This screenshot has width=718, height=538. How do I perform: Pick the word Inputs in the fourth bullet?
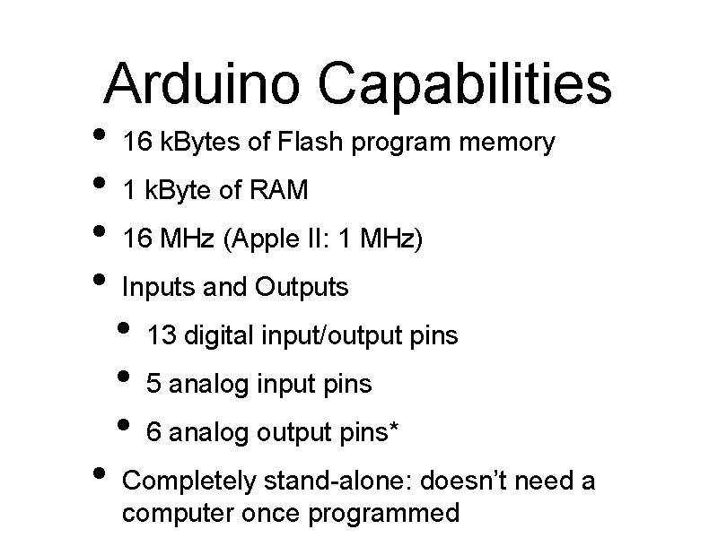point(153,288)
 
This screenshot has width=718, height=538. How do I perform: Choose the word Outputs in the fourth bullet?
point(302,288)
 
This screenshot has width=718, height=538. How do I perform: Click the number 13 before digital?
point(161,336)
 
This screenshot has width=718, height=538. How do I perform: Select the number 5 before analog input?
point(153,385)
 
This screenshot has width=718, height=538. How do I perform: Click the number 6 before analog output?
point(153,433)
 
